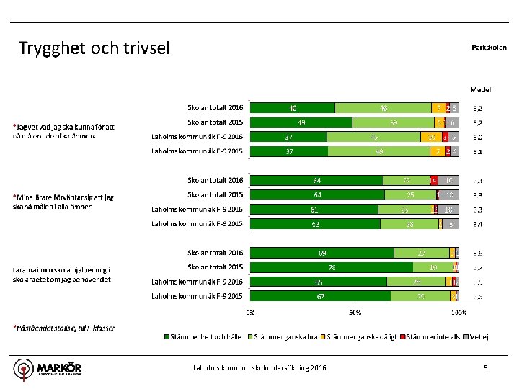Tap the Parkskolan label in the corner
point(489,48)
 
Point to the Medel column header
point(480,90)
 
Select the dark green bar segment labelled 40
point(292,108)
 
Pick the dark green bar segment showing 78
point(331,267)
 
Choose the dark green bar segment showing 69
point(321,253)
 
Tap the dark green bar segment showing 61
point(314,209)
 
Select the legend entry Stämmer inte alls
point(430,336)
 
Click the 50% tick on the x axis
point(355,313)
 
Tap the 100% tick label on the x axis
point(458,313)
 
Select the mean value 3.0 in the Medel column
point(477,137)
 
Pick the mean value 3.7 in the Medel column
point(477,267)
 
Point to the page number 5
point(486,368)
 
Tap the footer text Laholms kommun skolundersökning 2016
point(259,368)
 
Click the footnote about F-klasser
point(64,328)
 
